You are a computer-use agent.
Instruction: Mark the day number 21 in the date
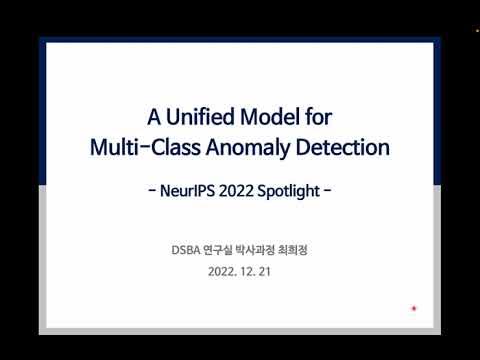[264, 270]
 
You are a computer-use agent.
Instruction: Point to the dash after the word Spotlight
[328, 191]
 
